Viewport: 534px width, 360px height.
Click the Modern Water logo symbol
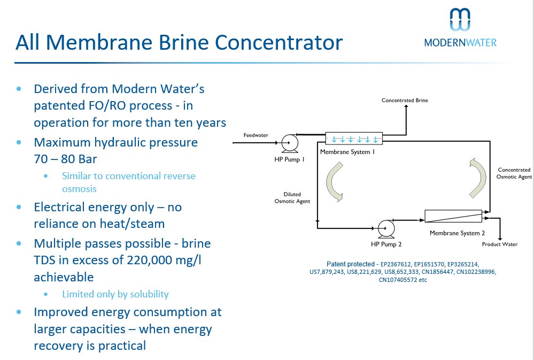click(460, 20)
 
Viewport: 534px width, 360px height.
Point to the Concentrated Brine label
click(405, 100)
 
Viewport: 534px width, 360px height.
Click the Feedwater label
click(256, 135)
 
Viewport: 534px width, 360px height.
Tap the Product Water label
click(499, 244)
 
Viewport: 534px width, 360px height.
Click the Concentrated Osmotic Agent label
click(514, 173)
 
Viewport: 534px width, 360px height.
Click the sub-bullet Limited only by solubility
click(115, 294)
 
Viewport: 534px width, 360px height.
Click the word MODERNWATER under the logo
click(460, 42)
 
